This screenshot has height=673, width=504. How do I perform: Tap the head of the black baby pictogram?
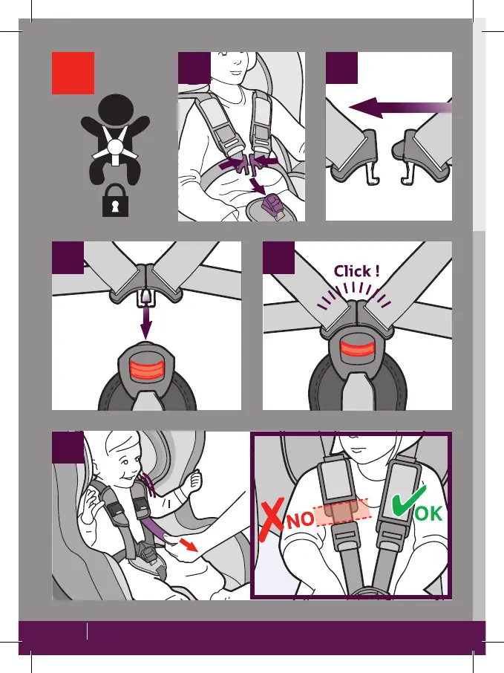[x=114, y=109]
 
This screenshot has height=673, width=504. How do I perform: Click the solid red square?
[x=73, y=73]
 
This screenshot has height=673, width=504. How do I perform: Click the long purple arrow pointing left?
[x=397, y=109]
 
